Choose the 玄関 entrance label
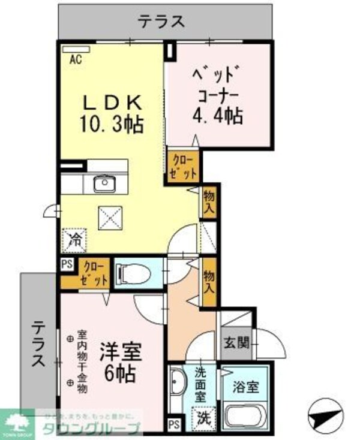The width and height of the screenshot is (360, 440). click(234, 343)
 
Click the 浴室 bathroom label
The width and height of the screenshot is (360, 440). click(246, 387)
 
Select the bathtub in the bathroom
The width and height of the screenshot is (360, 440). click(247, 415)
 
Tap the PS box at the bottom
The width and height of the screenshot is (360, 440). click(173, 423)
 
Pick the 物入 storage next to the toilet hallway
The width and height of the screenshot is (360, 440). click(208, 281)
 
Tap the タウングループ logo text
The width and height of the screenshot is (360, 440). click(90, 427)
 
